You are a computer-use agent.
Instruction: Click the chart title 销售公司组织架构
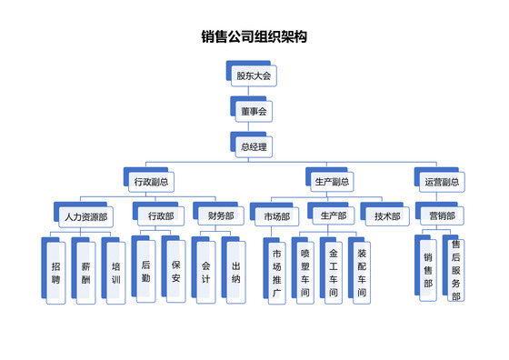pos(254,38)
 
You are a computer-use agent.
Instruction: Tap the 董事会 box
pos(254,111)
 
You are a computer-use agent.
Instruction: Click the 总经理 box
pos(254,145)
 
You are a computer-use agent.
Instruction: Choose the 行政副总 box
pos(150,181)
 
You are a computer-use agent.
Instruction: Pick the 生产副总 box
pos(334,181)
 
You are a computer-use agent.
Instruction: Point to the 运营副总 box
pos(442,181)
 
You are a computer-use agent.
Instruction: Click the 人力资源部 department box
pos(85,217)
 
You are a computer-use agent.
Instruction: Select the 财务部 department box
pos(220,216)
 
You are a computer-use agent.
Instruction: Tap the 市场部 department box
pos(276,216)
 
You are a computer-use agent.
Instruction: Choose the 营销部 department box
pos(442,216)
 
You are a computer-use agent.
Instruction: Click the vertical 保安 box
pos(175,272)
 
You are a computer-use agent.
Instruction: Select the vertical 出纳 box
pos(236,272)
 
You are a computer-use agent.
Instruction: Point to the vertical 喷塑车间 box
pos(305,273)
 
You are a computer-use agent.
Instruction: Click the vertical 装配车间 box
pos(362,273)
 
